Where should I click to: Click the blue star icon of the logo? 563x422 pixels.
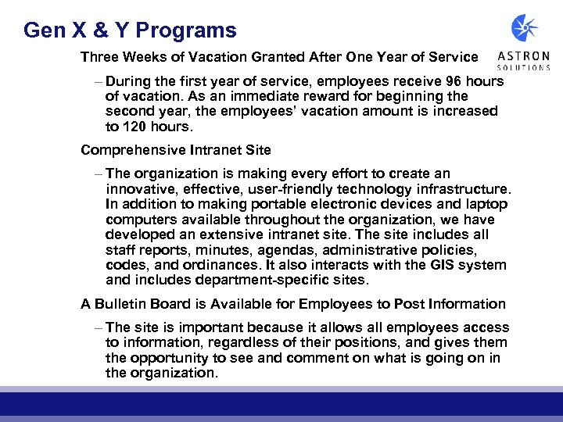(x=525, y=28)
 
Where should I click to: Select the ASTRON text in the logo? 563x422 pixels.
(x=525, y=56)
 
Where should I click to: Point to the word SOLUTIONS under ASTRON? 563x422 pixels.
(x=525, y=67)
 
